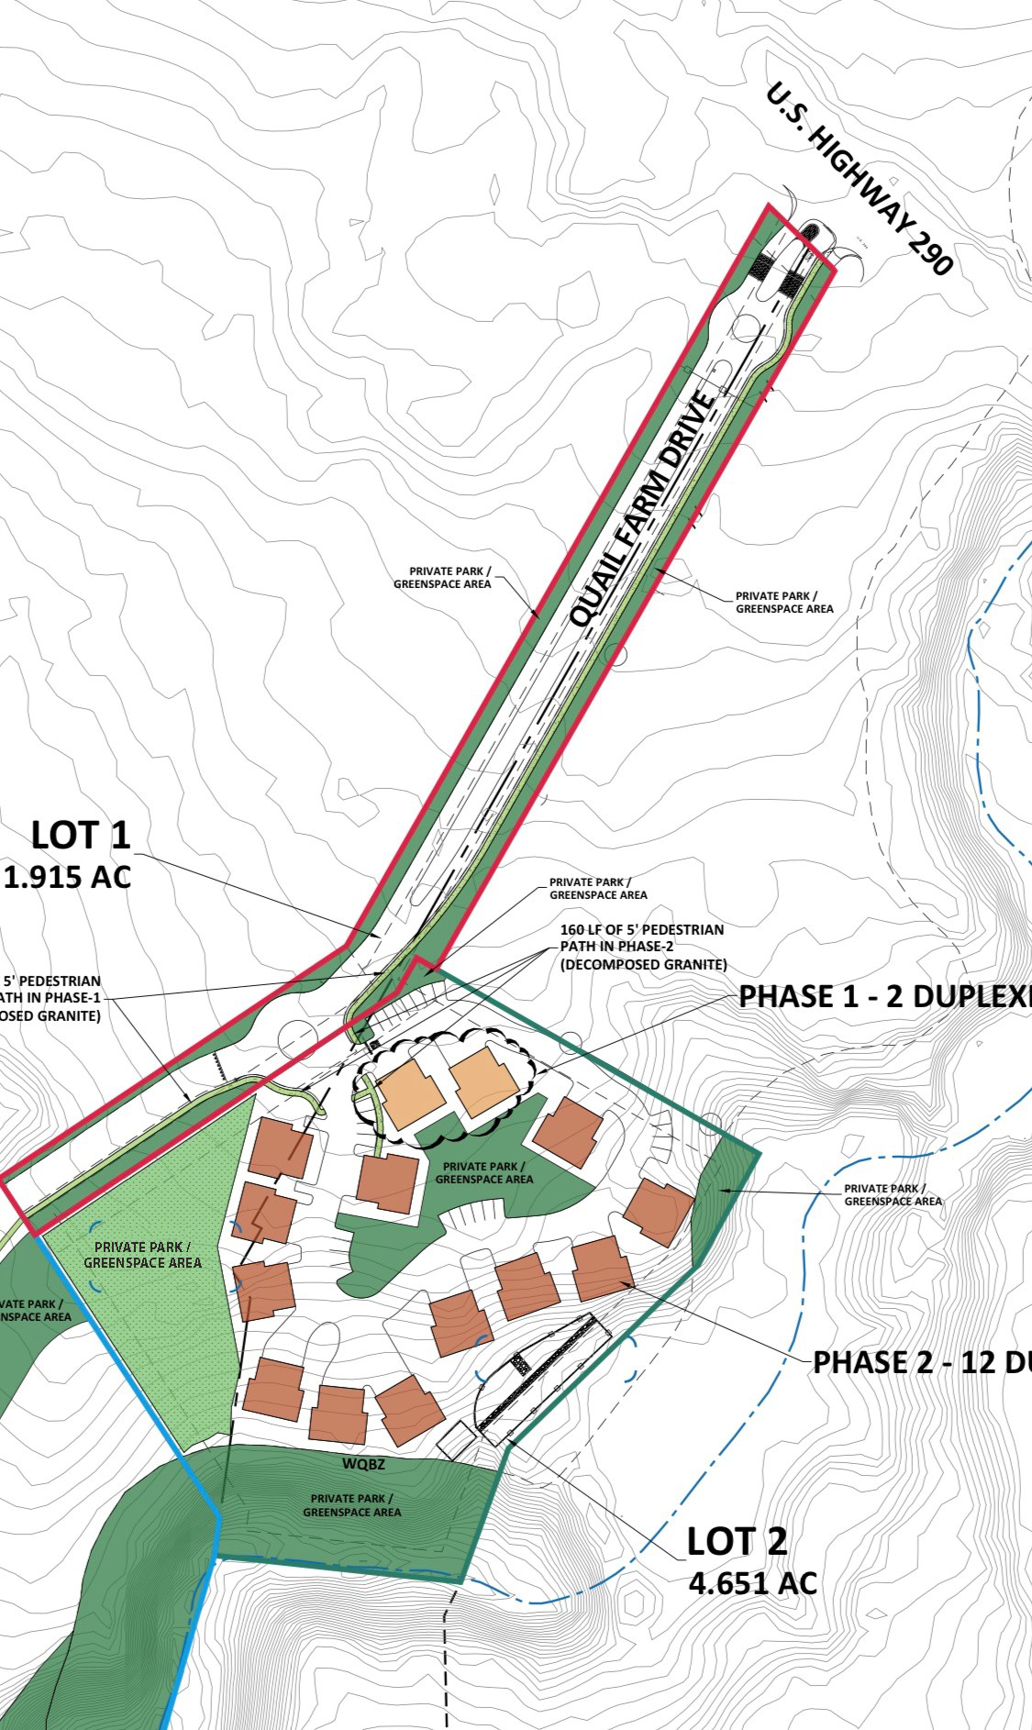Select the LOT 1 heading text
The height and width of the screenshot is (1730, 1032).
(x=81, y=836)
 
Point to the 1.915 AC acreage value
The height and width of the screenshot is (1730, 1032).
(x=68, y=877)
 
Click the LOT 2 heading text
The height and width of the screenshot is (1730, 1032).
(x=737, y=1542)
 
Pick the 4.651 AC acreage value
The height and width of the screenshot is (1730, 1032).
(x=752, y=1582)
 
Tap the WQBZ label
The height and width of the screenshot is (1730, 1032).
(x=363, y=1464)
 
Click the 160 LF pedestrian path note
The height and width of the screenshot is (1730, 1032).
(x=642, y=947)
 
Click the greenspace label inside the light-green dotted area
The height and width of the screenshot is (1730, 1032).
(x=142, y=1255)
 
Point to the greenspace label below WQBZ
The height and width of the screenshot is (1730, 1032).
(x=351, y=1505)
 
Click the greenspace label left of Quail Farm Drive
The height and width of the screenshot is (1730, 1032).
(x=442, y=578)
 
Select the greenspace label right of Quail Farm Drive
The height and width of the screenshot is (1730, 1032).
(x=784, y=602)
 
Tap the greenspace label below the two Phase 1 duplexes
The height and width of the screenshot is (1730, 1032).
(x=483, y=1172)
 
